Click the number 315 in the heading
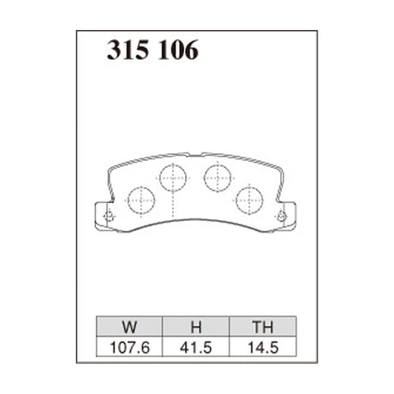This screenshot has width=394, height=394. pyautogui.click(x=126, y=52)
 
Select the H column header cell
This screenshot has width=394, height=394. pyautogui.click(x=196, y=325)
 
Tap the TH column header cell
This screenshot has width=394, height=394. pyautogui.click(x=262, y=325)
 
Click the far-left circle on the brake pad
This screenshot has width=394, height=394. pyautogui.click(x=140, y=200)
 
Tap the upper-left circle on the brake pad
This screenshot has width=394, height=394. pyautogui.click(x=173, y=178)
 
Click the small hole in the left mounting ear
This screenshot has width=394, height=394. pyautogui.click(x=107, y=217)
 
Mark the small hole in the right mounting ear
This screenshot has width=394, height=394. pyautogui.click(x=283, y=217)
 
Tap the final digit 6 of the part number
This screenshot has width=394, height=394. pyautogui.click(x=189, y=52)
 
